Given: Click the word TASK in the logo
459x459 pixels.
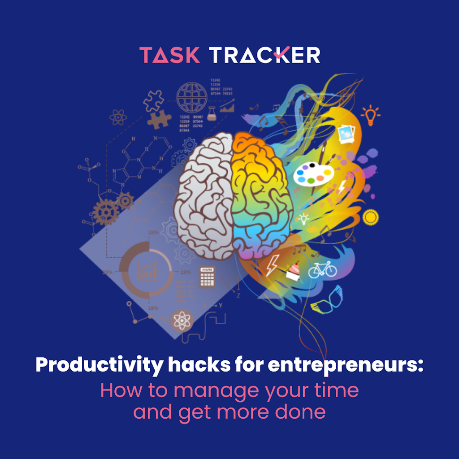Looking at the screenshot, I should coord(170,55).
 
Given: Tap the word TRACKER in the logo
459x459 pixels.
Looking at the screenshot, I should coord(265,55).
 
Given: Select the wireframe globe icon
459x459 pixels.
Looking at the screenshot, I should coord(192,96).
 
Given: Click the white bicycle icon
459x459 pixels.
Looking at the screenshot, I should coord(322,269).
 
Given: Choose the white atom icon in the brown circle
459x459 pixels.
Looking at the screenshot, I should coord(182,320).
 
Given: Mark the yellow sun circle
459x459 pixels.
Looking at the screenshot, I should coord(371,217).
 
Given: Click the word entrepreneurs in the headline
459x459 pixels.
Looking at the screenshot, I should coord(345,366).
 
